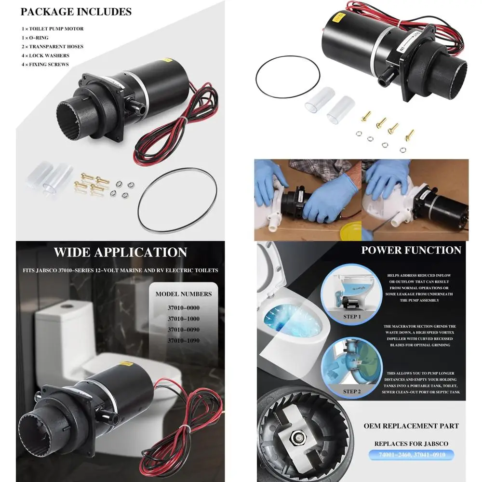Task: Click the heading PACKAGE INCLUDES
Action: point(76,12)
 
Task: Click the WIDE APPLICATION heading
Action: point(120,252)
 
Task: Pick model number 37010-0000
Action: point(183,308)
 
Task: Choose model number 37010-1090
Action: point(183,340)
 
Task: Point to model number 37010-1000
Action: point(183,319)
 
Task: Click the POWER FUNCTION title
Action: point(411,250)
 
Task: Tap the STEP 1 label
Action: point(352,317)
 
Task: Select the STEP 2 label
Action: point(352,391)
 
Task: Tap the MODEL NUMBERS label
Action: point(183,294)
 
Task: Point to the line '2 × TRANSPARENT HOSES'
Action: point(52,47)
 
